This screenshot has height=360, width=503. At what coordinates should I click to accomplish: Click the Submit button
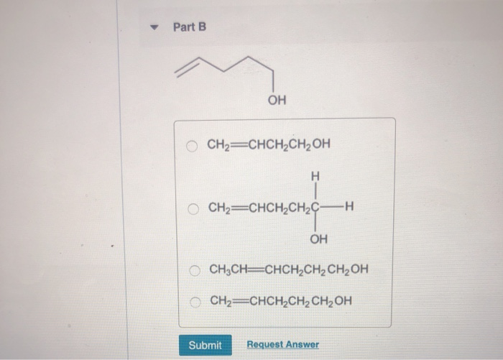coord(205,345)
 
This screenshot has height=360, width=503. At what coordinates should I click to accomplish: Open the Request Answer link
coord(282,345)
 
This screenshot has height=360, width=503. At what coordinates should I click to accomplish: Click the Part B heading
coord(190,27)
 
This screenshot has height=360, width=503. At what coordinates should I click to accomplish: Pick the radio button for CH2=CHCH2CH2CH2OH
coord(194,300)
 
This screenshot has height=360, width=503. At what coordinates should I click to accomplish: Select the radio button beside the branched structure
coord(193,208)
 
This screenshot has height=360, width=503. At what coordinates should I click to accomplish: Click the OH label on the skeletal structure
coord(276,100)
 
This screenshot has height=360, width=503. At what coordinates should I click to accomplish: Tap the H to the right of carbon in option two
coord(350,208)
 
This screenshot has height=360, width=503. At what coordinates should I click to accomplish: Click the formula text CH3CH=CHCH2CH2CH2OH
coord(288,270)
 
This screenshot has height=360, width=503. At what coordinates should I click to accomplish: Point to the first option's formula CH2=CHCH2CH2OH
coord(269,144)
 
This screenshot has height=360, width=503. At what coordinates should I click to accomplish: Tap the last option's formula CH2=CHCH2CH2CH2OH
coord(281,300)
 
